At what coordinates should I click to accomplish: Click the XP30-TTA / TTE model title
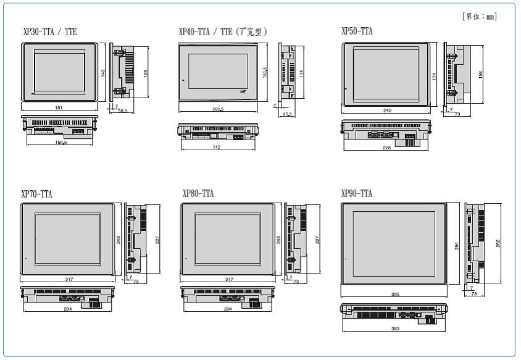(x=49, y=31)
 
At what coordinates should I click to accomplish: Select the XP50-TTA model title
(x=357, y=31)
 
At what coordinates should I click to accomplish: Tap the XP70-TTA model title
(x=37, y=194)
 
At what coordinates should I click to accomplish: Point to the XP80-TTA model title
(x=198, y=194)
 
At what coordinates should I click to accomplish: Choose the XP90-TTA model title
(x=357, y=194)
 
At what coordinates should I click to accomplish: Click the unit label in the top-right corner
(x=479, y=17)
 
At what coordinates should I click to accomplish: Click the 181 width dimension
(x=59, y=107)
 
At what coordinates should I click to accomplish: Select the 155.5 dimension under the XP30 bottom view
(x=60, y=141)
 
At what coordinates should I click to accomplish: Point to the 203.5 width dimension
(x=218, y=109)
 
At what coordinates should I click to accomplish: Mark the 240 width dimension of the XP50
(x=387, y=111)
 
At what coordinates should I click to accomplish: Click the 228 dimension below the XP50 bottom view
(x=387, y=148)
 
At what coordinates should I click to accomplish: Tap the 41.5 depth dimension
(x=287, y=114)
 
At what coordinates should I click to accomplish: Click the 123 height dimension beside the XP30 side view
(x=145, y=73)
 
